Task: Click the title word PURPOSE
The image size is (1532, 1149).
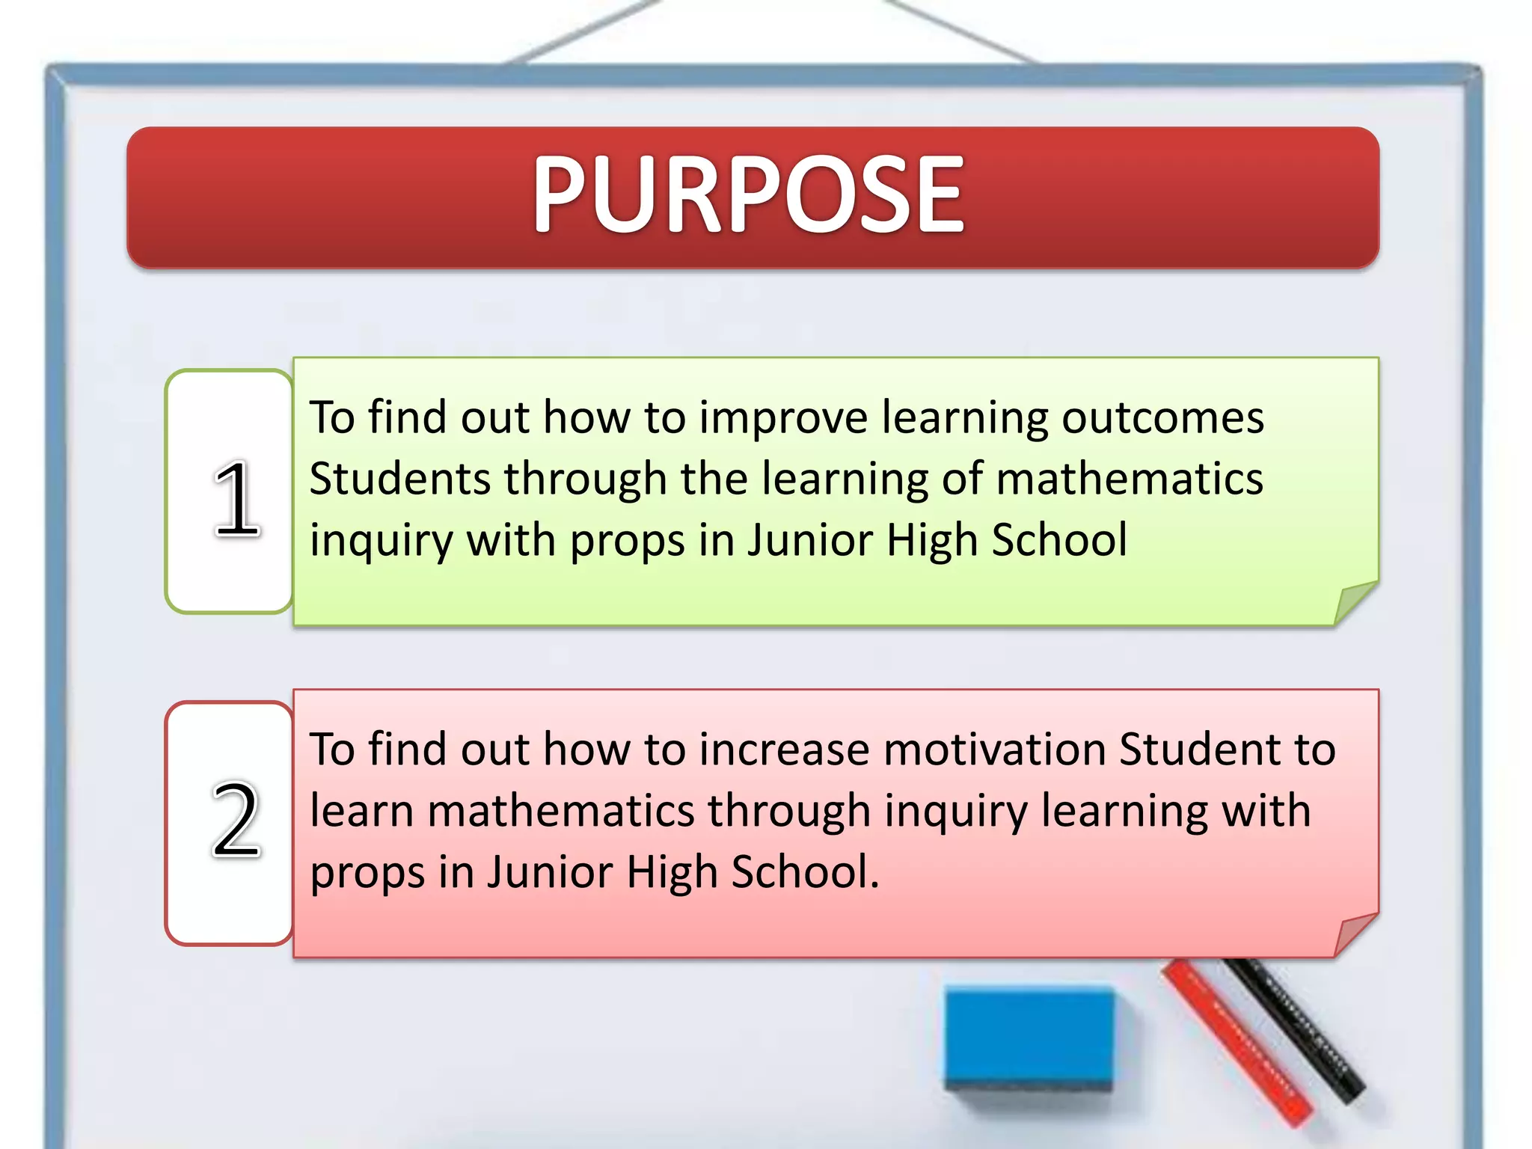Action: pyautogui.click(x=748, y=194)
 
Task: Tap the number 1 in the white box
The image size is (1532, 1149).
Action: pyautogui.click(x=236, y=499)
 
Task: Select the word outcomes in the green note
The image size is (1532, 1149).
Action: pyautogui.click(x=1162, y=417)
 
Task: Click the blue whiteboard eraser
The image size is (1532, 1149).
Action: pyautogui.click(x=1029, y=1040)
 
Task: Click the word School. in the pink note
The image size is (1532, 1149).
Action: pyautogui.click(x=805, y=872)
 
